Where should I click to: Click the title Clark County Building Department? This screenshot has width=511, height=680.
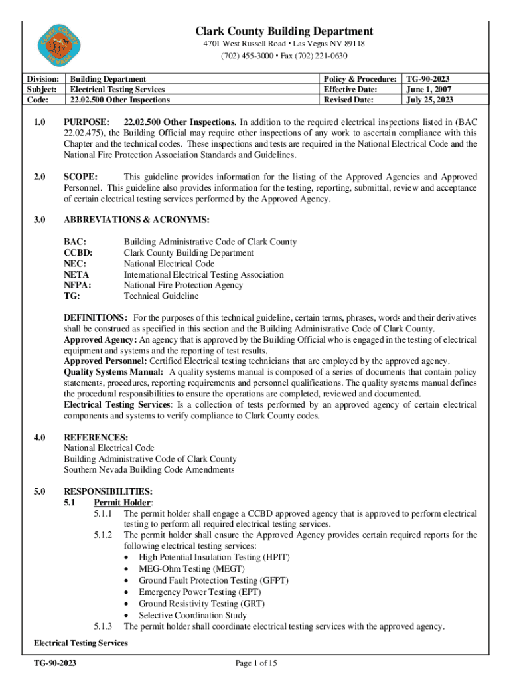click(x=283, y=31)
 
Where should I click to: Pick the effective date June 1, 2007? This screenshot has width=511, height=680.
click(x=428, y=89)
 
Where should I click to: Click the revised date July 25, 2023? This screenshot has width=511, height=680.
click(x=431, y=100)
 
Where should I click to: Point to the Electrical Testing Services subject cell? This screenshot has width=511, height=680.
click(x=117, y=89)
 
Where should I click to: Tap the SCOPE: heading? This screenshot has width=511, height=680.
click(x=81, y=177)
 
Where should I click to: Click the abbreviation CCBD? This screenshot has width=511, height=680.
click(x=78, y=253)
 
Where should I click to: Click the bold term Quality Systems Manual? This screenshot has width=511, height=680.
click(x=113, y=372)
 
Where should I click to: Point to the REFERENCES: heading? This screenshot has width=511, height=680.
click(x=96, y=437)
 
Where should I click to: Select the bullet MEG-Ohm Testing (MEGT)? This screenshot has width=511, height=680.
click(x=191, y=568)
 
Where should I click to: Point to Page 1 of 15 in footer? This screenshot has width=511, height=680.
click(x=256, y=663)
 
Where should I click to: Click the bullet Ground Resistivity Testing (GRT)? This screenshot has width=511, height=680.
click(x=201, y=604)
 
